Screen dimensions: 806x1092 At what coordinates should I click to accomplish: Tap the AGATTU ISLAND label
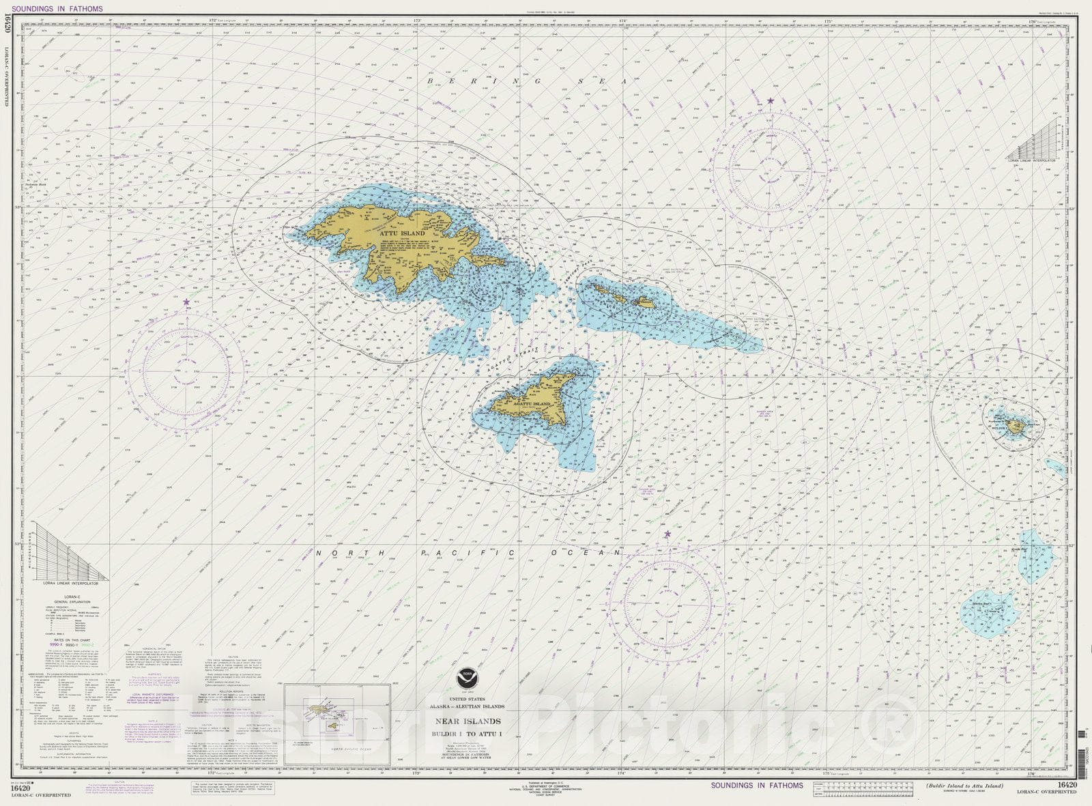coord(531,404)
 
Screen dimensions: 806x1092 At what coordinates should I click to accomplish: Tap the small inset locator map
coord(336,723)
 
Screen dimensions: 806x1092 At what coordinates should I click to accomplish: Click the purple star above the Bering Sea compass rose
coord(771,101)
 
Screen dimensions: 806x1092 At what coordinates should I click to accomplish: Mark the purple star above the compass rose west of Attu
coord(186,301)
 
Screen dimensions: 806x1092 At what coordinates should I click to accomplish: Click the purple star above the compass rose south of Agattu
coord(667,534)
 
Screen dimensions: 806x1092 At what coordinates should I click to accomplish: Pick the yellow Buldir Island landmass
coord(1016,427)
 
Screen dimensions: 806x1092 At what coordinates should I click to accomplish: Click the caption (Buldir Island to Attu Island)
coord(964,786)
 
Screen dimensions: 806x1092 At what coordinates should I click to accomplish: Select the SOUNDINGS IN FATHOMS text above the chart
coord(57,9)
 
